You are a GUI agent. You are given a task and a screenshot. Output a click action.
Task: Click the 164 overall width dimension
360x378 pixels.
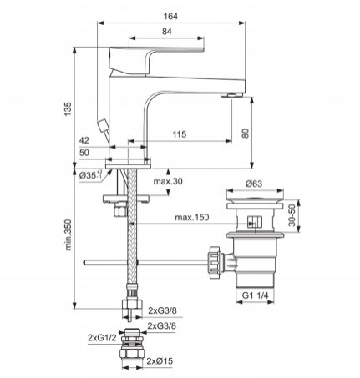(x=170, y=17)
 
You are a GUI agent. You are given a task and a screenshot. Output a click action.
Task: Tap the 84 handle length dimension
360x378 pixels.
(x=167, y=32)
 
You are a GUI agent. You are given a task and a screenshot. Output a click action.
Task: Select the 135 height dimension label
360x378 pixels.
(x=68, y=109)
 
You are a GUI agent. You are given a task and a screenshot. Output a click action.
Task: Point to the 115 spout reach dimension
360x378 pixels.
(x=179, y=134)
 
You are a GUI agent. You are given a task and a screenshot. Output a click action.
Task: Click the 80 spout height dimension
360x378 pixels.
(x=246, y=134)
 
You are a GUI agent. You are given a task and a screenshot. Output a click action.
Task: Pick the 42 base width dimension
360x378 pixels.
(x=84, y=140)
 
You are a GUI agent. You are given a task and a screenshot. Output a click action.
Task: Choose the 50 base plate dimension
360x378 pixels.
(x=84, y=153)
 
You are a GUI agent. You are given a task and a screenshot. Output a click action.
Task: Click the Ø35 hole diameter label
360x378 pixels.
(x=90, y=176)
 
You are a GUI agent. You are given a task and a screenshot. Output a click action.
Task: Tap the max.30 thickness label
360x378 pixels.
(x=168, y=181)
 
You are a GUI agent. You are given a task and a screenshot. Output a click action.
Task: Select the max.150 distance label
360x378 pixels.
(x=192, y=217)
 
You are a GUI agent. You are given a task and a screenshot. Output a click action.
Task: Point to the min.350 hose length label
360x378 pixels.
(x=68, y=234)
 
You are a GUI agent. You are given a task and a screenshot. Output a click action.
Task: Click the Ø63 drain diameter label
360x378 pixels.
(x=254, y=184)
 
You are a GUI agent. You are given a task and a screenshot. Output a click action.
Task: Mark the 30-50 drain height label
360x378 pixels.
(x=292, y=215)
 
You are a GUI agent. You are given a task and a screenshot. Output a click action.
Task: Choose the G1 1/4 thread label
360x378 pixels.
(x=255, y=295)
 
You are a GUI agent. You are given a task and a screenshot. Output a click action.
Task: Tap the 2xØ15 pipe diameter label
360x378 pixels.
(x=160, y=361)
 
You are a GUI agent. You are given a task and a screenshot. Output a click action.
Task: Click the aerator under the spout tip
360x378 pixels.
(x=232, y=95)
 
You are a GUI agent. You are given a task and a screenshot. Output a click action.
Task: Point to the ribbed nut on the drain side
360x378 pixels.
(x=215, y=262)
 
